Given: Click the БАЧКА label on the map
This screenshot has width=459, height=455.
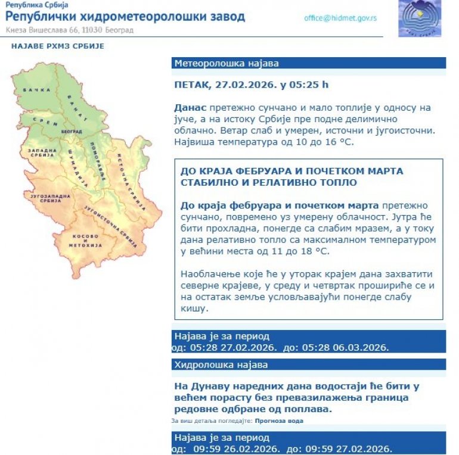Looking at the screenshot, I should point(33,91).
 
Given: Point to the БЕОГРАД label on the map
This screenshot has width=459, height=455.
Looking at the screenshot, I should point(72,131).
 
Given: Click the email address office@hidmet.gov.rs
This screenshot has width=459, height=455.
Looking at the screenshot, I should point(340,18).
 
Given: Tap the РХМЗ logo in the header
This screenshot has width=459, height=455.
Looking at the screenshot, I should point(420,18).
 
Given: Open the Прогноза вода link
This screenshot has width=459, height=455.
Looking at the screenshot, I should point(278,421).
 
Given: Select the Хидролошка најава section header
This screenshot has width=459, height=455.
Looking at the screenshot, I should point(221,364).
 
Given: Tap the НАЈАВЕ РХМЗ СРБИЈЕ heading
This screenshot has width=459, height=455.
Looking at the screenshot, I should point(58,46).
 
